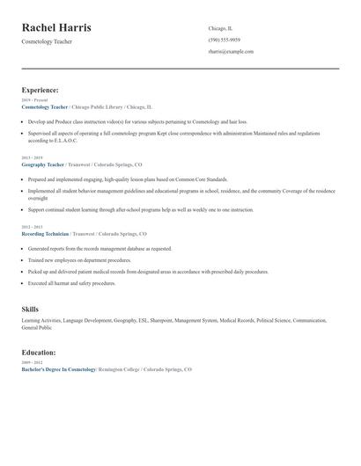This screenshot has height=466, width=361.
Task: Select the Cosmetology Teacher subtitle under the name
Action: tap(48, 41)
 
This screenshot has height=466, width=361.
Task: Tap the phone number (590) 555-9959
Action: tap(225, 40)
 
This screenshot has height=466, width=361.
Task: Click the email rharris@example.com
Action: tap(231, 52)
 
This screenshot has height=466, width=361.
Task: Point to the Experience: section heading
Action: tap(41, 90)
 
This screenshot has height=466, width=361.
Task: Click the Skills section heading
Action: tap(30, 309)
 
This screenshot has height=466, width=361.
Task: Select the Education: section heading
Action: tap(40, 352)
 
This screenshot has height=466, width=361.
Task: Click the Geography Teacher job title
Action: tap(43, 164)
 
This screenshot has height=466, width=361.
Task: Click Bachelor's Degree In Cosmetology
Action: tap(59, 369)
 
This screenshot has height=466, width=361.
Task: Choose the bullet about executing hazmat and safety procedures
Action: tap(71, 284)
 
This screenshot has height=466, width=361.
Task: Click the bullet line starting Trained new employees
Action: tap(77, 260)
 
